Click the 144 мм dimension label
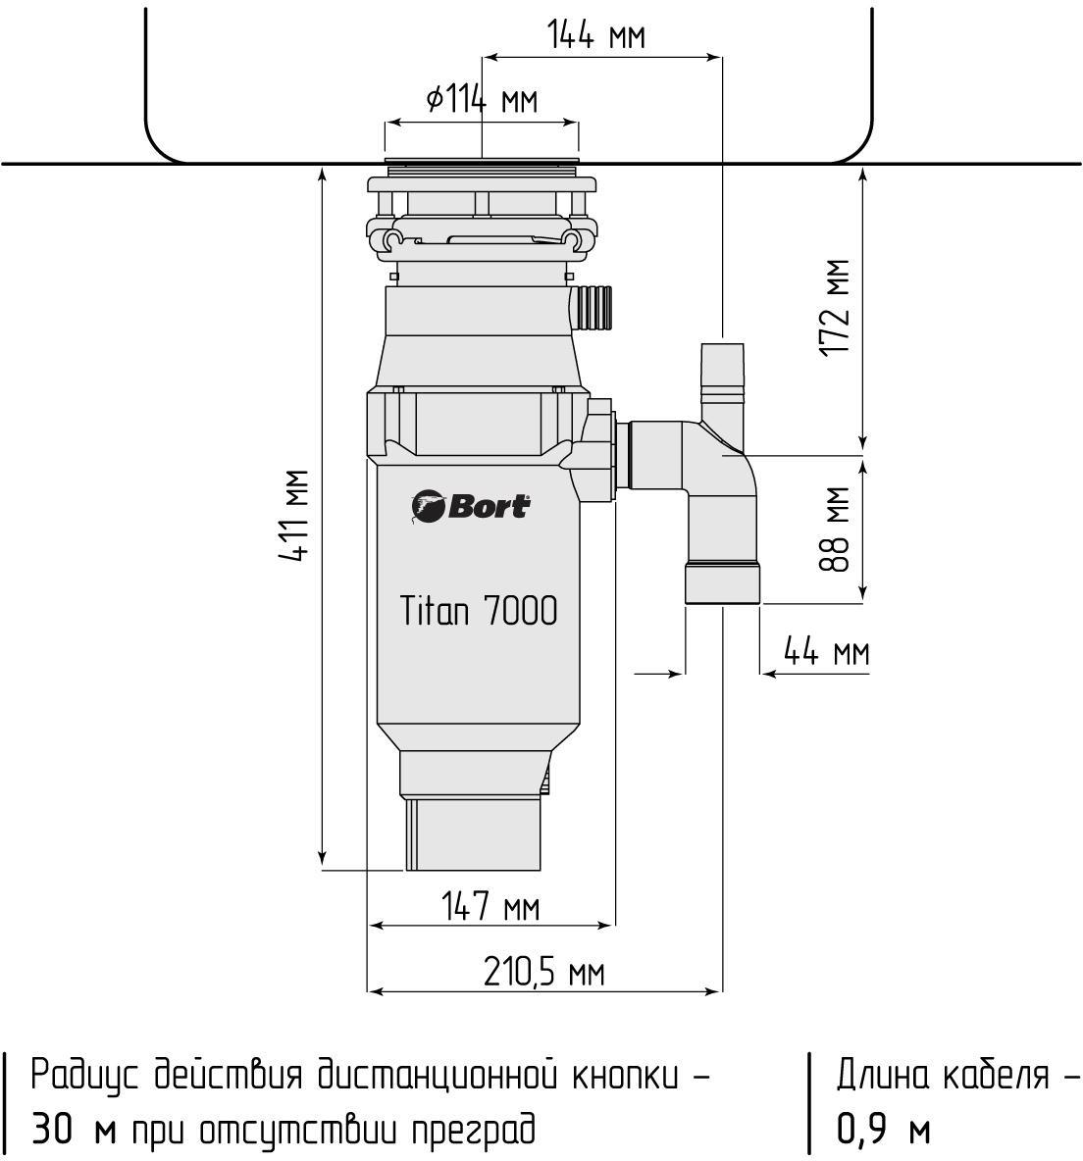point(596,36)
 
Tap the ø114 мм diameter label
point(482,99)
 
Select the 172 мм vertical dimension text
point(837,308)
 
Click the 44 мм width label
point(827,651)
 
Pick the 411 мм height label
point(295,516)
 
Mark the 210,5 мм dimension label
point(544,973)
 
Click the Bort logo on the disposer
point(471,506)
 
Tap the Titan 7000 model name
point(479,611)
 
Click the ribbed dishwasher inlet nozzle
point(594,306)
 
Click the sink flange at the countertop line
point(482,161)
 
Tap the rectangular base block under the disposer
point(474,835)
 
